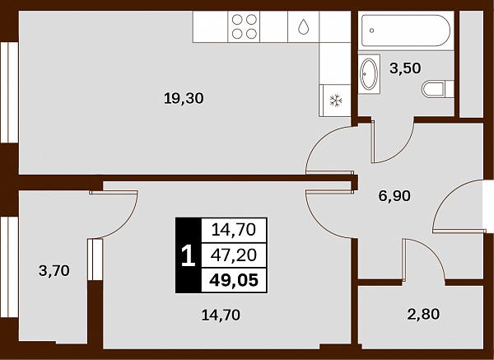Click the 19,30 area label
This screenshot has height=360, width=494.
tap(184, 99)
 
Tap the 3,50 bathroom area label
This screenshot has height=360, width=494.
tap(405, 68)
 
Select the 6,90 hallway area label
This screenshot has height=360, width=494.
tap(394, 196)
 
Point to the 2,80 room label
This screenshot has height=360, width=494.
tap(423, 314)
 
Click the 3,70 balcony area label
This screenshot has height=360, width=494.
tap(54, 270)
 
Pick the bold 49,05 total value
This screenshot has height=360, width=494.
tap(234, 280)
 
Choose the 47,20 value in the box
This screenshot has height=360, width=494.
tap(234, 255)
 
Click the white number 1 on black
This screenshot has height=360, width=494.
tap(189, 255)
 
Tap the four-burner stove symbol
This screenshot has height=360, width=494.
tap(244, 27)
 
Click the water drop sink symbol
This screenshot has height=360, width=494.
tap(303, 26)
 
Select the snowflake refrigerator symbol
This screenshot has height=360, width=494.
tap(336, 101)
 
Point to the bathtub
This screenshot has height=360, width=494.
tap(406, 30)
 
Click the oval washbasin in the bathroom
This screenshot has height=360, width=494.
tap(369, 74)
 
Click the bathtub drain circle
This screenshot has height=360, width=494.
tap(372, 30)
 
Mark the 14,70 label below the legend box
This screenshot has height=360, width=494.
tap(221, 316)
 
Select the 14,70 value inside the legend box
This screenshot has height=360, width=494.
tap(234, 230)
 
